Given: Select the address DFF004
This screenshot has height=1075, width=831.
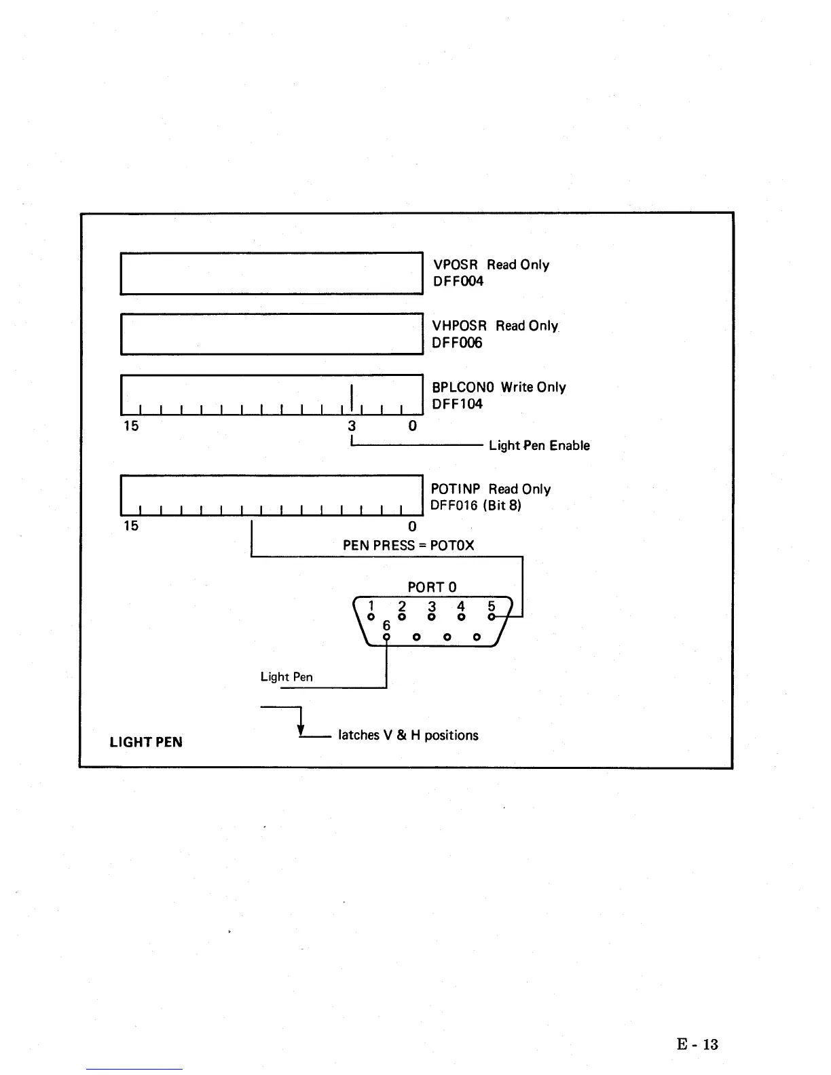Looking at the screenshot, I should click(458, 282).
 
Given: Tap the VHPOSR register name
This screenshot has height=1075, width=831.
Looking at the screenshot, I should click(460, 326).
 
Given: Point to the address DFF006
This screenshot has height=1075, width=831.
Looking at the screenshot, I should click(457, 343).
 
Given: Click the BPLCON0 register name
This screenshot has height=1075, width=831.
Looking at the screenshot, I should click(462, 387).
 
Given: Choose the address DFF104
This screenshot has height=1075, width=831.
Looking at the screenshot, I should click(457, 404).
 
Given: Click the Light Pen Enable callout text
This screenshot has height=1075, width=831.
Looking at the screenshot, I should click(539, 446).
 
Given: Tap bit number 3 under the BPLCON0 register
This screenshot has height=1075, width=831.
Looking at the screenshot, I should click(352, 426).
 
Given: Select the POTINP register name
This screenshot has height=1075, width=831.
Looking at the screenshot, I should click(456, 489).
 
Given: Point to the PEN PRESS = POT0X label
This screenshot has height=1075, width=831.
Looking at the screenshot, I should click(408, 546).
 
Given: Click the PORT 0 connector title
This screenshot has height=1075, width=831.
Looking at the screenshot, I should click(432, 587).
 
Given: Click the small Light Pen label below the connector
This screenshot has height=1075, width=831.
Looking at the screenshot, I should click(287, 677).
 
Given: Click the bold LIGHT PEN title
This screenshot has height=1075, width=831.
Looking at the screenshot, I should click(146, 742).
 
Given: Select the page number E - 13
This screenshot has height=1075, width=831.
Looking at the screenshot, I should click(697, 1044).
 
